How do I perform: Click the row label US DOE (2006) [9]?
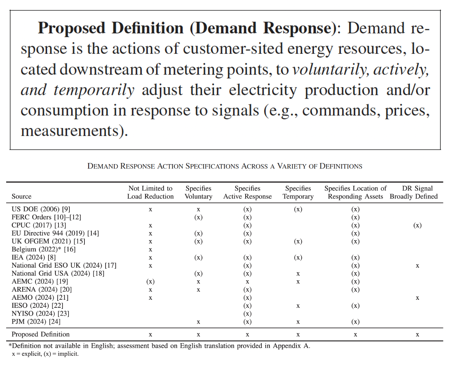click(x=41, y=209)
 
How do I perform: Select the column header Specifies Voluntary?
click(x=198, y=192)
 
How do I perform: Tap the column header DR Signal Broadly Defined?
click(x=413, y=192)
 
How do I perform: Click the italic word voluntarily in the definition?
click(x=329, y=69)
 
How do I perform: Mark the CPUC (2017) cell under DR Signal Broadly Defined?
click(x=417, y=225)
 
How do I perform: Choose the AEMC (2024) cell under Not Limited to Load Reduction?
click(x=150, y=281)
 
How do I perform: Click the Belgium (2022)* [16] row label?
click(x=43, y=249)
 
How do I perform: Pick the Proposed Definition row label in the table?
click(x=41, y=334)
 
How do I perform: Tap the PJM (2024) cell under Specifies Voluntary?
click(x=198, y=322)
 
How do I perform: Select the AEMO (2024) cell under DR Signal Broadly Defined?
click(x=417, y=298)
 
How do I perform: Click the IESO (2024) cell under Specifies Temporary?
click(x=298, y=306)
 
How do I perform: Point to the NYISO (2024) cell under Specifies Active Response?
click(x=247, y=314)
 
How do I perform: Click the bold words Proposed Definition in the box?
click(x=110, y=28)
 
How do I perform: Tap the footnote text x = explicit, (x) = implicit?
click(x=45, y=354)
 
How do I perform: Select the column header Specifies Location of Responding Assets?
click(x=356, y=192)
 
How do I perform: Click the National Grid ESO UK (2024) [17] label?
click(x=64, y=265)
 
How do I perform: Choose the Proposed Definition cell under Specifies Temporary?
click(x=298, y=335)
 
